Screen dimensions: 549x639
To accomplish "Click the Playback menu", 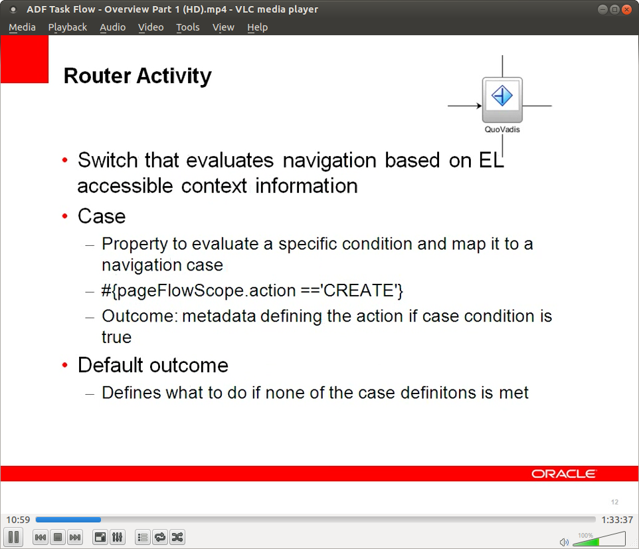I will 67,27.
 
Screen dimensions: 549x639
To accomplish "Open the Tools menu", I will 187,27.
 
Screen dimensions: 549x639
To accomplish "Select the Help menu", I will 257,27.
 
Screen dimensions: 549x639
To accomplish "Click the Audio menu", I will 112,27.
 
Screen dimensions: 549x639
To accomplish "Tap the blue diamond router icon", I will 502,96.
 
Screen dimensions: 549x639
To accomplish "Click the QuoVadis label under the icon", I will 502,130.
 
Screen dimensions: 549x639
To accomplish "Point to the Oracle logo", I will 563,474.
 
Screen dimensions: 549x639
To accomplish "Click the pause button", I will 14,537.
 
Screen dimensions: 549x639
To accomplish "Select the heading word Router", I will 97,76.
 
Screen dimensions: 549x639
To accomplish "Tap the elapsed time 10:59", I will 17,520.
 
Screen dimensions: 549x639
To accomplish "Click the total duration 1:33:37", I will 616,520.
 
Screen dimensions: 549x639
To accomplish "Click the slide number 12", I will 614,502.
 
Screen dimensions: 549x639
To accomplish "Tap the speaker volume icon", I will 564,542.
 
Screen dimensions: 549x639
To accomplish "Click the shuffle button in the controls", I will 177,537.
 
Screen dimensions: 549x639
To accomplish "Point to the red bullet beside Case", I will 65,217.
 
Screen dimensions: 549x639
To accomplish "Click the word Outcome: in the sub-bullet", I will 138,316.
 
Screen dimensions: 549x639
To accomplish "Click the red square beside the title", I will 25,60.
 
